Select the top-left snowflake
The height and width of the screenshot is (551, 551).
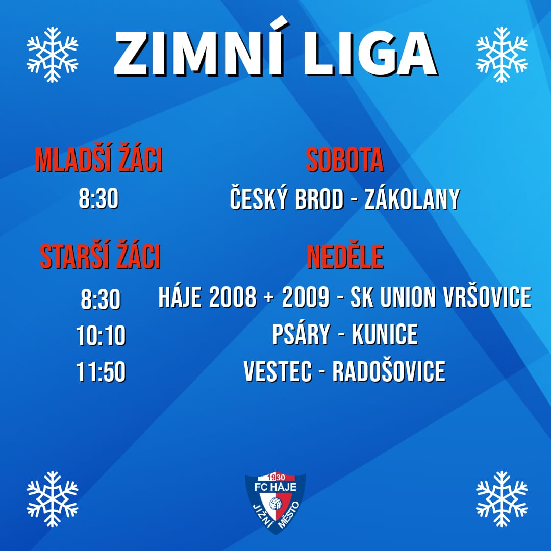tap(53, 55)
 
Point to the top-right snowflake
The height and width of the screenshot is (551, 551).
tap(502, 55)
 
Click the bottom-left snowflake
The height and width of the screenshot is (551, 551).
tap(53, 499)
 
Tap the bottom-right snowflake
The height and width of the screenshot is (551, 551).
tap(502, 499)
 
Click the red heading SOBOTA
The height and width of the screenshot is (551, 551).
tap(345, 160)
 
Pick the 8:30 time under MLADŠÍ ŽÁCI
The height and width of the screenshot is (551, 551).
tap(99, 198)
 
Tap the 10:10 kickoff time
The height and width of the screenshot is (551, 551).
tap(101, 336)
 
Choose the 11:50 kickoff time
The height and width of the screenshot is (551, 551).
tap(101, 372)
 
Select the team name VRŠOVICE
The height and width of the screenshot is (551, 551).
tap(487, 297)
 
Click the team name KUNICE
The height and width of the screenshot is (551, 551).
tap(385, 334)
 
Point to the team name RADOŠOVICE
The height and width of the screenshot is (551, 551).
tap(389, 371)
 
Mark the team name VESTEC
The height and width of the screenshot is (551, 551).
tap(278, 371)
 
